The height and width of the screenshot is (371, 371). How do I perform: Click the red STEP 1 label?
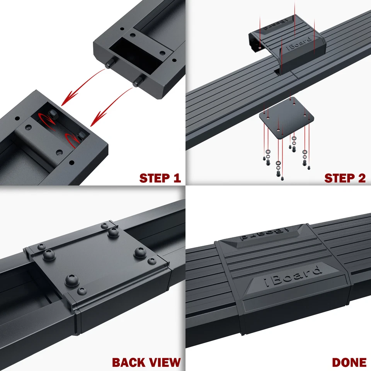tap(160, 178)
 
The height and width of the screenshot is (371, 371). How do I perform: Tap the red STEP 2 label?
tap(345, 178)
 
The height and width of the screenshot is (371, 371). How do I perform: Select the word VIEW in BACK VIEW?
tap(163, 362)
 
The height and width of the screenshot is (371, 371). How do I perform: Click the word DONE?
tap(349, 362)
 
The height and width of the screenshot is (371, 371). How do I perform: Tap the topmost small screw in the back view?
tap(104, 225)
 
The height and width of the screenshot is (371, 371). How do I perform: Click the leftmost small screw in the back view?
tap(41, 247)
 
